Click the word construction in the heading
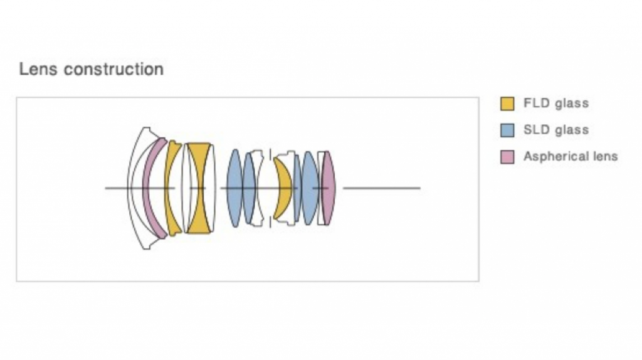(x=113, y=69)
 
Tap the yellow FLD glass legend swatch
(x=507, y=103)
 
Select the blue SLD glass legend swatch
(x=507, y=130)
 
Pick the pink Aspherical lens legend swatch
(x=507, y=157)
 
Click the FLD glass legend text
(x=556, y=103)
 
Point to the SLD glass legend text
(x=556, y=130)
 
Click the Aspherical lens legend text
(x=571, y=156)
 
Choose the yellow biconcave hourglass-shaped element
(x=199, y=188)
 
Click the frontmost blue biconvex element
(x=234, y=188)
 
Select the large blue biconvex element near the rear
(x=310, y=188)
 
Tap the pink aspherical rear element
(x=329, y=188)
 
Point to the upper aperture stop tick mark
(x=270, y=154)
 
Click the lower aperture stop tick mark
(x=270, y=223)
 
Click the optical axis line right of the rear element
(x=382, y=188)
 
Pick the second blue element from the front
(x=249, y=188)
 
